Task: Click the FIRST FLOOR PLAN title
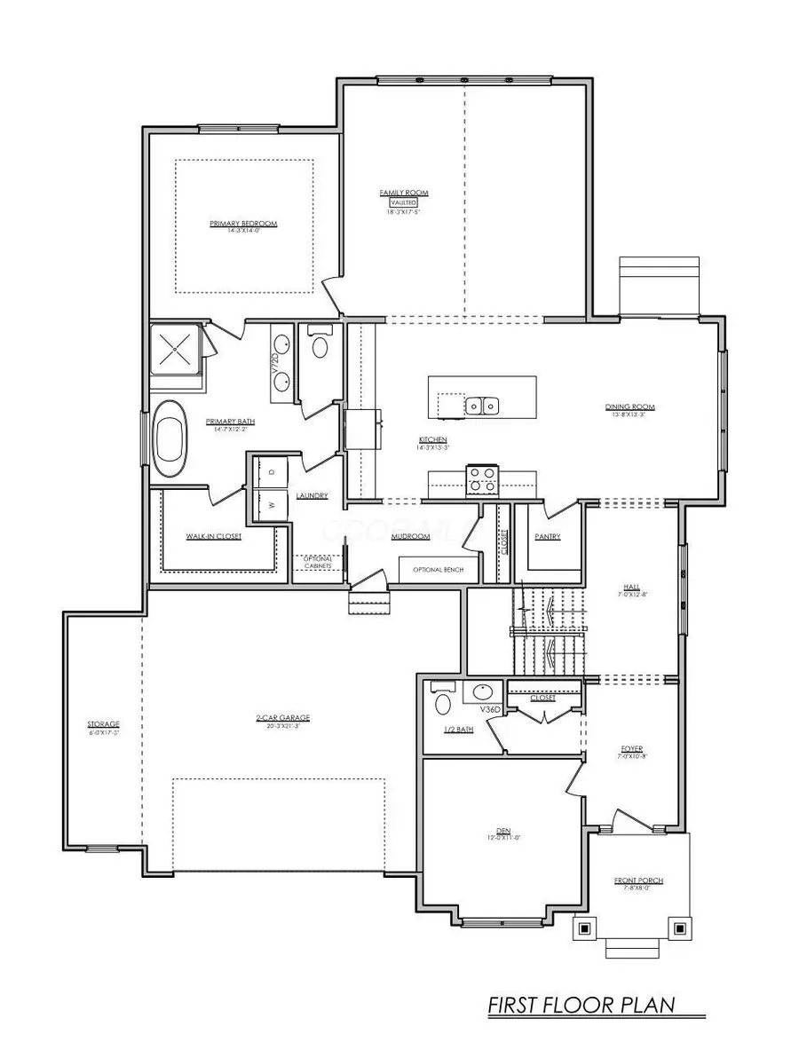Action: click(x=581, y=1006)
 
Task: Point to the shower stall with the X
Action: click(x=176, y=350)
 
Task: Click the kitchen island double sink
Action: click(x=482, y=406)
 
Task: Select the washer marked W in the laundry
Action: click(x=272, y=504)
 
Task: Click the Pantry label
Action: click(x=548, y=536)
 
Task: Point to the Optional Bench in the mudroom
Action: click(x=438, y=569)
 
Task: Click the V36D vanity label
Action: click(x=491, y=710)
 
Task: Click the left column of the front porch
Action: click(x=584, y=928)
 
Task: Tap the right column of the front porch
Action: click(x=680, y=928)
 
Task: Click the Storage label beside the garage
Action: click(x=103, y=724)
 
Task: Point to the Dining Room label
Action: click(x=629, y=407)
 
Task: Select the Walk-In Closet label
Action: click(x=214, y=536)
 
